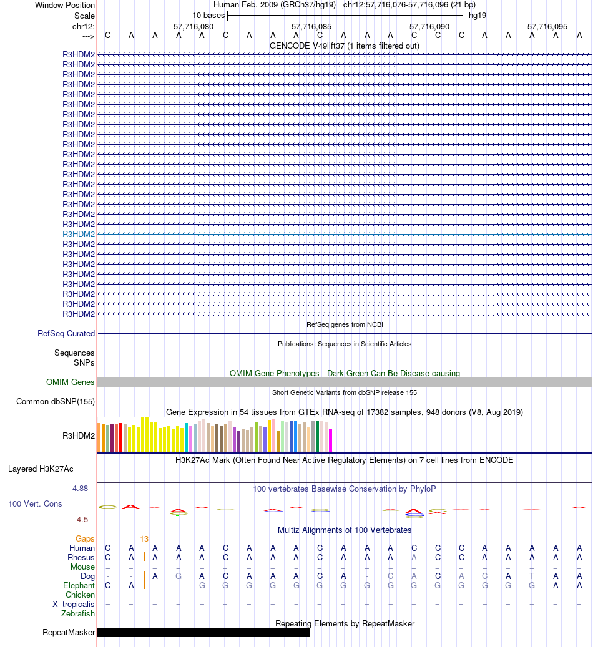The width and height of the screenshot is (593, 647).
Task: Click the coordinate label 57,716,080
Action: point(193,27)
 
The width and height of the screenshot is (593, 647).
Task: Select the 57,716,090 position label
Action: point(429,27)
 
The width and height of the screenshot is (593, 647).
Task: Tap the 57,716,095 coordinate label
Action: point(547,27)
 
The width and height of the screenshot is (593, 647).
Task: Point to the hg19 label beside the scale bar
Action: point(478,15)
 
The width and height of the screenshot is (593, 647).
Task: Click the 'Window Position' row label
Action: point(65,5)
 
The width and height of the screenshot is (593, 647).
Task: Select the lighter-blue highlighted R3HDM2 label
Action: point(79,234)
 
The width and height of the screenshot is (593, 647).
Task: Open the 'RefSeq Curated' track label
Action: point(66,334)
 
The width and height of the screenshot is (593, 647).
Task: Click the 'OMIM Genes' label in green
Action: point(71,382)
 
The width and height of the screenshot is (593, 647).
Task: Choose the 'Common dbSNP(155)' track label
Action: point(56,402)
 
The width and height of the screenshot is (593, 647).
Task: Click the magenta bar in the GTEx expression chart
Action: point(331,440)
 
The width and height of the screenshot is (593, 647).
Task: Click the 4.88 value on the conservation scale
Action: point(80,489)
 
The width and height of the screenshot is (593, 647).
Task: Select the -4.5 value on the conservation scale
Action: point(82,519)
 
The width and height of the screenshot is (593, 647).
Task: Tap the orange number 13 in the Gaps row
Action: point(144,539)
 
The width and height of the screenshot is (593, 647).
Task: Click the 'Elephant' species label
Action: point(79,586)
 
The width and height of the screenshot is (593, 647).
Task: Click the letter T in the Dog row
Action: point(532,576)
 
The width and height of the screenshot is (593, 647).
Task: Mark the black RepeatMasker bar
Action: point(203,633)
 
